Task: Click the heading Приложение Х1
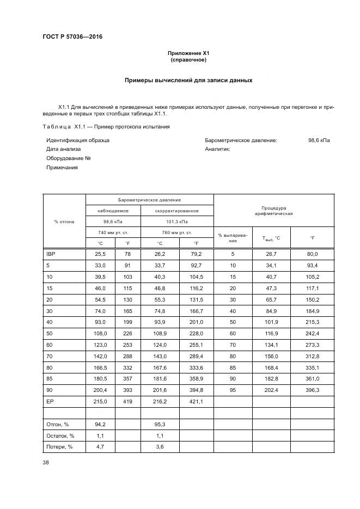(x=188, y=53)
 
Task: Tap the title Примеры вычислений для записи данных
(x=188, y=80)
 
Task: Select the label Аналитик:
(x=217, y=149)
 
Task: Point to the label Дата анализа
(x=63, y=149)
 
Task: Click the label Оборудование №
(x=68, y=158)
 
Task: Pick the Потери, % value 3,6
(x=160, y=446)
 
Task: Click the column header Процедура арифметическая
(x=273, y=211)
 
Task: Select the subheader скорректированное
(x=176, y=211)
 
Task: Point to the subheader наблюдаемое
(x=113, y=211)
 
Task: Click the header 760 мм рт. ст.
(x=176, y=233)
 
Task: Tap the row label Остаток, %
(x=60, y=435)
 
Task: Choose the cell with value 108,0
(x=100, y=333)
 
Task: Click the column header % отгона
(x=64, y=222)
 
